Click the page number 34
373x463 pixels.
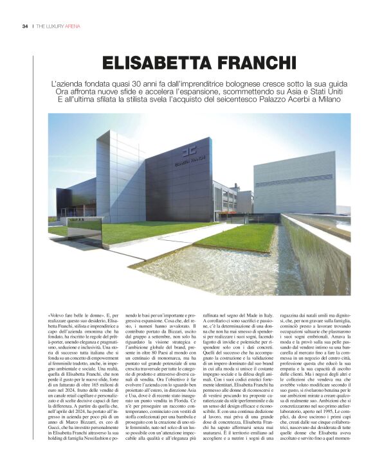click(24, 26)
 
